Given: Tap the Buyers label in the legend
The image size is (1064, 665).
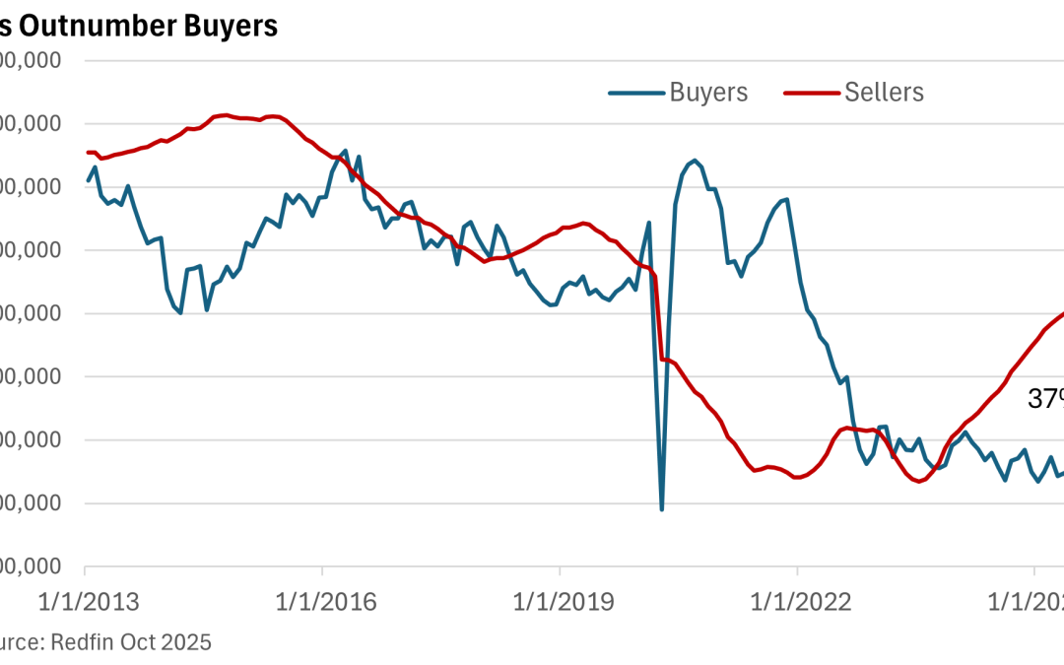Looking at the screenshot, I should pyautogui.click(x=708, y=93).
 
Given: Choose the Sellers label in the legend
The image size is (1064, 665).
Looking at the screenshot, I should pyautogui.click(x=884, y=93).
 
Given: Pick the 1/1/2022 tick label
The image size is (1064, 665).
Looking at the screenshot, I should pyautogui.click(x=797, y=600).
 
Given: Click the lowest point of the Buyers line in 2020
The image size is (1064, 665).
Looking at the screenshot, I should pyautogui.click(x=662, y=508).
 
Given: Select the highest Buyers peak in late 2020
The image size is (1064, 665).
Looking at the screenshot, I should pyautogui.click(x=695, y=160).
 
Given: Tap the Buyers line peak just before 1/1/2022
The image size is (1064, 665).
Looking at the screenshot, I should pyautogui.click(x=787, y=199).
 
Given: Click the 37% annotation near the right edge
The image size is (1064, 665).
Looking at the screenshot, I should pyautogui.click(x=1044, y=399).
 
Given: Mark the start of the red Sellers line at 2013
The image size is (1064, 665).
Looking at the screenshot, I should pyautogui.click(x=87, y=152).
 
